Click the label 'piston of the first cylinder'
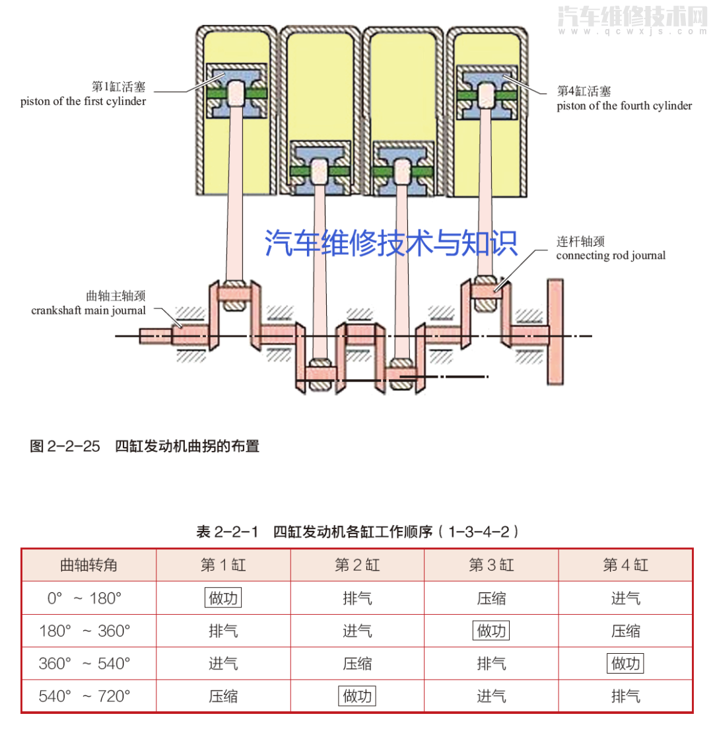[83, 102]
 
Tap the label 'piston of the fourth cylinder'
[624, 106]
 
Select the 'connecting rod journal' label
[611, 255]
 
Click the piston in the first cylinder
[236, 92]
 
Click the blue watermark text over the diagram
[391, 242]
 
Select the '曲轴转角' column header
[88, 565]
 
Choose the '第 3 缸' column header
[491, 565]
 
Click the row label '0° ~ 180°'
[85, 598]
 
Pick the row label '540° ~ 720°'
[85, 696]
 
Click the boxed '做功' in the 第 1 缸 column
[223, 598]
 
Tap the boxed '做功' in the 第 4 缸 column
[625, 663]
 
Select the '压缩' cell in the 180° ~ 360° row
[625, 631]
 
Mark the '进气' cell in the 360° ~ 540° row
[223, 663]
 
